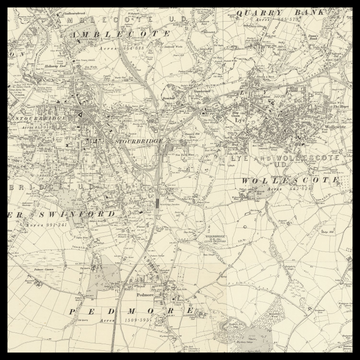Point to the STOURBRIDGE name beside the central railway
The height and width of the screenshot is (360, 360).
(x=141, y=142)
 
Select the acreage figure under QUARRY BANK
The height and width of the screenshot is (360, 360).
(x=279, y=20)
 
